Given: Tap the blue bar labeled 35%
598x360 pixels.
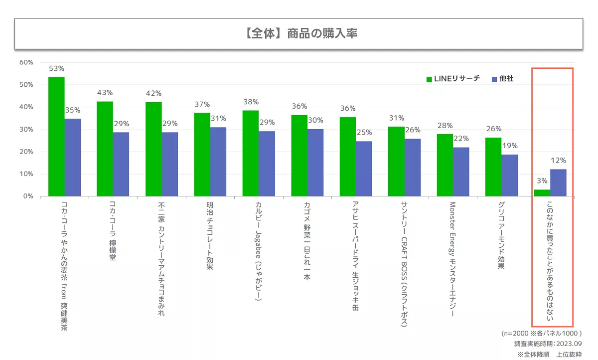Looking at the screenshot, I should (x=73, y=157).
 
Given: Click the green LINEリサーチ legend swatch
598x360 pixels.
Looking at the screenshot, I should (x=429, y=79).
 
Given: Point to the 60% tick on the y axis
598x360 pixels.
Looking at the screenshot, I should (x=26, y=62).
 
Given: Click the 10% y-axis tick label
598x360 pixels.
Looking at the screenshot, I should (x=26, y=174).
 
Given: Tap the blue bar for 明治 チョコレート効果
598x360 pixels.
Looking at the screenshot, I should (x=218, y=162).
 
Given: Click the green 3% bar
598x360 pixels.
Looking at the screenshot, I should (x=542, y=193).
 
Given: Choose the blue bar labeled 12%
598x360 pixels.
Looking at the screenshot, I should (x=558, y=182).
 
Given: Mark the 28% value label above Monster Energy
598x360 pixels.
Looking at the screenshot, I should (x=445, y=126).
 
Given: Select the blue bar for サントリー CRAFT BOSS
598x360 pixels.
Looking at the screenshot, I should (x=413, y=167).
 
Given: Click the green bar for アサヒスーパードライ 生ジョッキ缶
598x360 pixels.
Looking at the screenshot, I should (x=348, y=157).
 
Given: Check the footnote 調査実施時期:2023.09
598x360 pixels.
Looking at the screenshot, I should (x=548, y=344).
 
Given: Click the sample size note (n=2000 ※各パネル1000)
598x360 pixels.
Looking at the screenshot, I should (x=542, y=333).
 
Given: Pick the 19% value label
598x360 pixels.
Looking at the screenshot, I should (x=510, y=146).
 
